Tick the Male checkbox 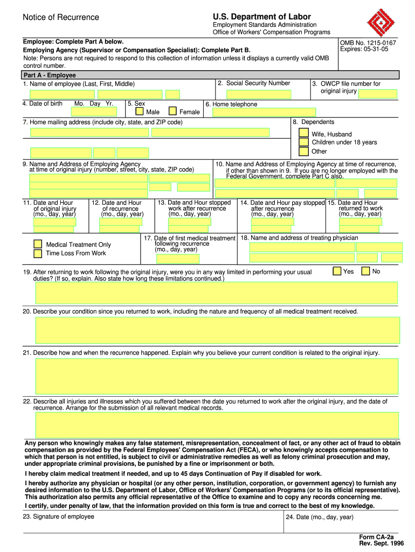(140, 112)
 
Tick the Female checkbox (172, 112)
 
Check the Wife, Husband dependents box (304, 133)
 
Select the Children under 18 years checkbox (304, 142)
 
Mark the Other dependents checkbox (304, 151)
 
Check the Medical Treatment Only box (38, 244)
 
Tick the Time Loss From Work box (38, 253)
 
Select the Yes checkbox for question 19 (337, 271)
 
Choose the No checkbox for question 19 (365, 271)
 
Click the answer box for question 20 (218, 330)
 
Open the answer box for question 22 (218, 425)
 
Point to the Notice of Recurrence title (61, 17)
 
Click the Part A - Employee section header (50, 75)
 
